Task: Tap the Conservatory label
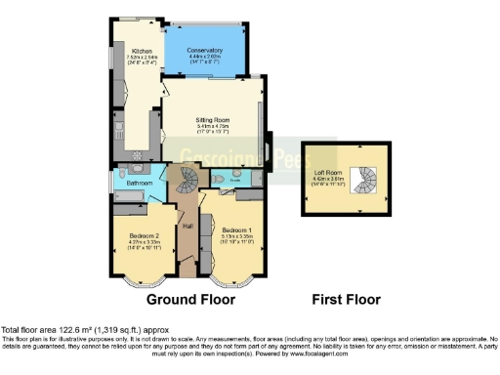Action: click(205, 50)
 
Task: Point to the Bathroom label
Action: click(139, 183)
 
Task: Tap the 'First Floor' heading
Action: click(347, 298)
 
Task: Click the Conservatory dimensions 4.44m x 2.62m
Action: click(205, 57)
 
